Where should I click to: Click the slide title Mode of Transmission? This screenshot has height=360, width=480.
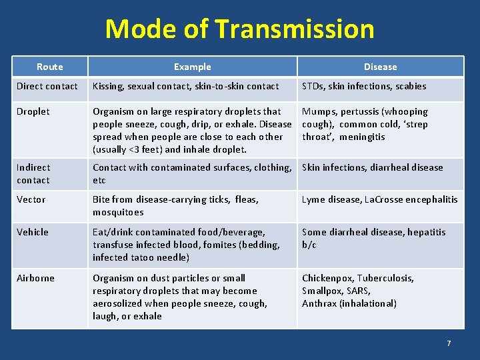(x=240, y=29)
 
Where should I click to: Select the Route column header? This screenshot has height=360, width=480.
(x=50, y=67)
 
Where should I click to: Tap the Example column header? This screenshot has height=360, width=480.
(x=192, y=67)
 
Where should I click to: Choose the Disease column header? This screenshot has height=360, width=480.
(x=380, y=67)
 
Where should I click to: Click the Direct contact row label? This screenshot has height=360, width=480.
(x=47, y=86)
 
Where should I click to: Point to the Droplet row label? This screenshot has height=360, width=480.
(x=33, y=111)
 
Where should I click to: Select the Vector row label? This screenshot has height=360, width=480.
(x=31, y=199)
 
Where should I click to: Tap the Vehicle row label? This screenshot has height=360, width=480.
(x=33, y=232)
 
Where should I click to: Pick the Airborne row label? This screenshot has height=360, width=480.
(x=36, y=278)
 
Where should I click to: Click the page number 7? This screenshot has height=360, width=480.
(x=449, y=343)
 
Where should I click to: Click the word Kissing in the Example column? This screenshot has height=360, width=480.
(x=107, y=86)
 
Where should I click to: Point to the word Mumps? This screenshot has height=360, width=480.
(x=319, y=111)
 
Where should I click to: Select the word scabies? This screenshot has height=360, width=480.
(x=411, y=86)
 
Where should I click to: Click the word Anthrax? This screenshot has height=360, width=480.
(x=319, y=303)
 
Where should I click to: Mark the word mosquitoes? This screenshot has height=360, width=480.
(x=118, y=212)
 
